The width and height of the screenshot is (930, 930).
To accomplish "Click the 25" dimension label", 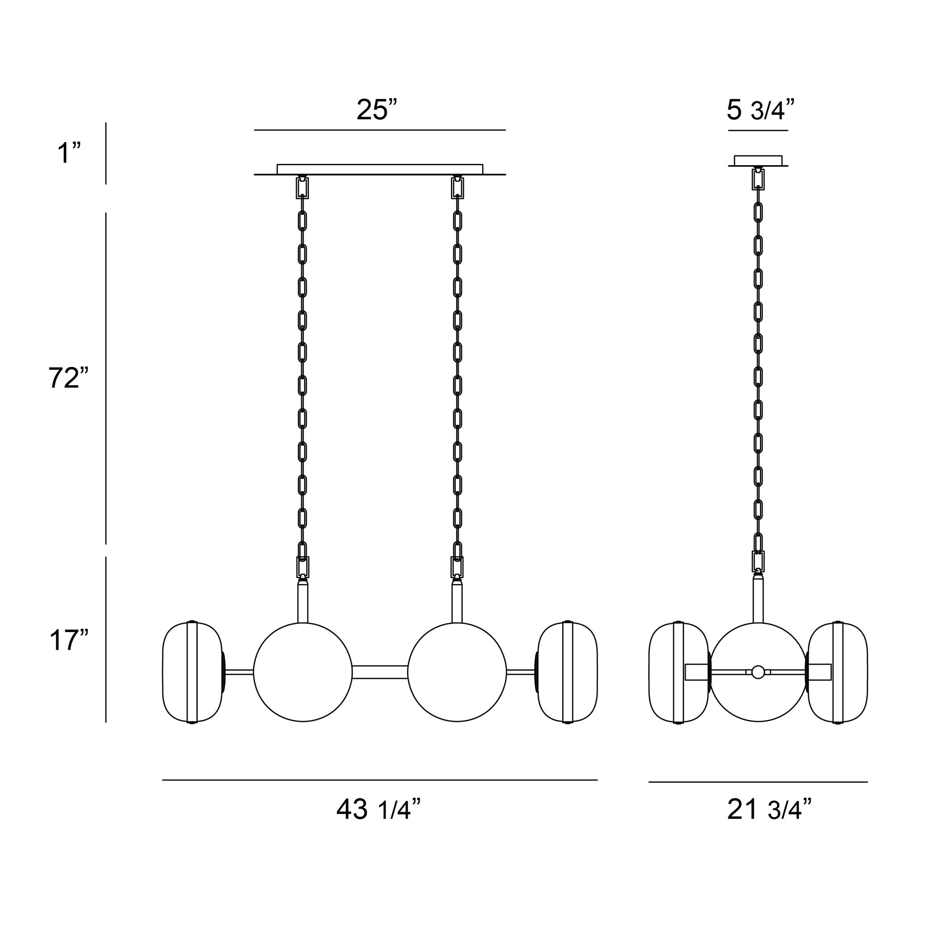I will (x=377, y=110).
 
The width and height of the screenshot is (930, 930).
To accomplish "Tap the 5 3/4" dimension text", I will (x=760, y=110).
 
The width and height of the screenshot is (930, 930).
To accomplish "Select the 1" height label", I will (x=69, y=153).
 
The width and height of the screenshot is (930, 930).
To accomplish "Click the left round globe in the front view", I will (x=303, y=672).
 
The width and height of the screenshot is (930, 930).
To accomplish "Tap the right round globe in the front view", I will (x=457, y=672).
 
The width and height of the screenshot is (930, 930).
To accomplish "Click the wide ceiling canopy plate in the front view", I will (x=380, y=169).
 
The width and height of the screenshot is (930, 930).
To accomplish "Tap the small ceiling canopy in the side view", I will (x=758, y=160).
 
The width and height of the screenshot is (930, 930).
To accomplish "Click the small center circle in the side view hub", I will (x=758, y=672).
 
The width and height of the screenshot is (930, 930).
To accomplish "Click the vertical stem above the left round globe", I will (x=303, y=603).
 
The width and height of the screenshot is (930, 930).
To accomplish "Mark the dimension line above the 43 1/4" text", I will (x=380, y=780).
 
